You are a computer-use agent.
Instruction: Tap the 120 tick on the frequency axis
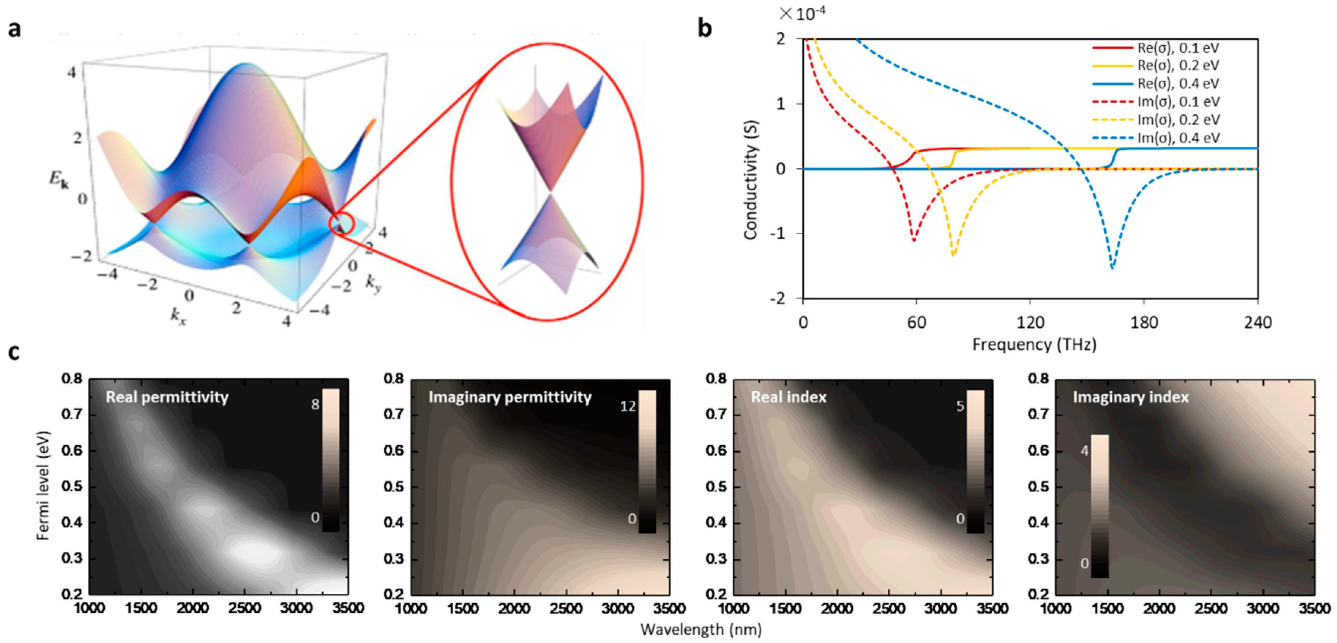(1030, 323)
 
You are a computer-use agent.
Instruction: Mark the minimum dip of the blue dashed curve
(1112, 267)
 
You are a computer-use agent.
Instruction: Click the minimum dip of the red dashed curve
(914, 240)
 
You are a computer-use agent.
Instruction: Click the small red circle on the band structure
(341, 224)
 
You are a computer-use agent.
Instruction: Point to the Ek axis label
(58, 179)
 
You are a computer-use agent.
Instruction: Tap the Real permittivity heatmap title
(167, 397)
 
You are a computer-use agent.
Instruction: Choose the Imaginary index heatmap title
(1130, 397)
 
